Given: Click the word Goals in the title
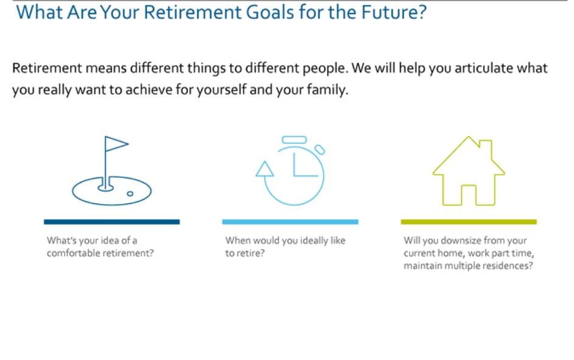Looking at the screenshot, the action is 270,12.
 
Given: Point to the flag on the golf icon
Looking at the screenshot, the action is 116,144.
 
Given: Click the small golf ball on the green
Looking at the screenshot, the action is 130,194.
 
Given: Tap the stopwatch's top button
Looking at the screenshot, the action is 295,140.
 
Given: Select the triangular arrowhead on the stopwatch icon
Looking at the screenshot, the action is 265,169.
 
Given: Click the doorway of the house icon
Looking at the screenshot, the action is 469,195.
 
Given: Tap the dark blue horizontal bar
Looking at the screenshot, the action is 111,222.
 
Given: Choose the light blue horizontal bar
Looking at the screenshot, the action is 290,222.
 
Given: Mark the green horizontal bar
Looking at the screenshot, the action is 469,222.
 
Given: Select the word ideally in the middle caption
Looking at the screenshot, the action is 314,241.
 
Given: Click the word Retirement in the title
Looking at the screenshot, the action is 192,12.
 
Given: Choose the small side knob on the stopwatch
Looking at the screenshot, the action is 320,149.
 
